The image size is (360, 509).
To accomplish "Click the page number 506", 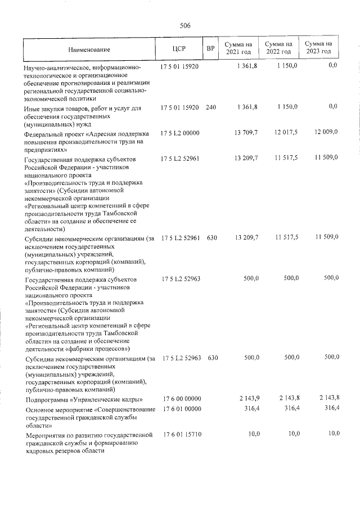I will point(185,25).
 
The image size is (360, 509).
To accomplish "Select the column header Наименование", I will point(89,50).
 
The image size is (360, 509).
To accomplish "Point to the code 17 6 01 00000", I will point(182,409).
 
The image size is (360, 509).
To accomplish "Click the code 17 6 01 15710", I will point(182,435).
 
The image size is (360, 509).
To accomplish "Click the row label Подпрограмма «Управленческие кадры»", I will point(83,400).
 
